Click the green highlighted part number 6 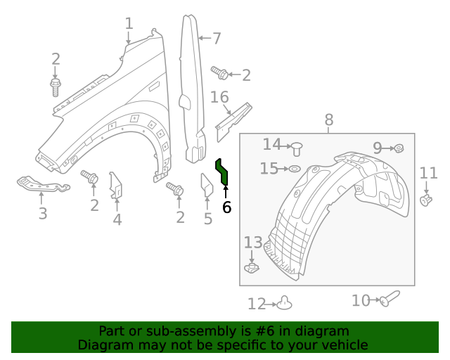(221, 172)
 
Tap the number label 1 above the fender (129, 24)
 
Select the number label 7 (217, 39)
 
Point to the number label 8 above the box (329, 120)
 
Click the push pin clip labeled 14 (298, 148)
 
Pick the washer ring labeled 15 (295, 169)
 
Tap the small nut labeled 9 (399, 148)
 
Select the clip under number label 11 (425, 201)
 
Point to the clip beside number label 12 (284, 302)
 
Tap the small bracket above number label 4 (117, 186)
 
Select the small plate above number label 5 (207, 186)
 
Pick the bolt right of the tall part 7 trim (220, 72)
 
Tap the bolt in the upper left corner (56, 86)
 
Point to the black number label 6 (226, 207)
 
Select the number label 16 (219, 96)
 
